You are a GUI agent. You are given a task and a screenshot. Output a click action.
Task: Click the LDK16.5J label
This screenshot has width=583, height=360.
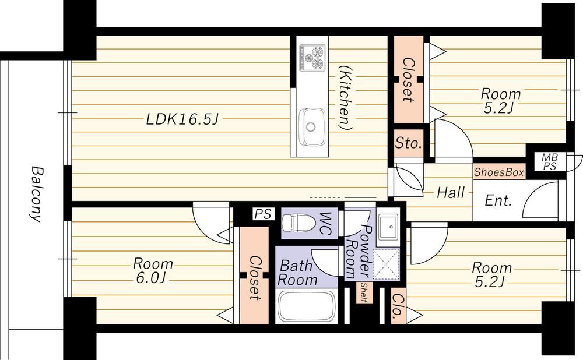click(x=182, y=119)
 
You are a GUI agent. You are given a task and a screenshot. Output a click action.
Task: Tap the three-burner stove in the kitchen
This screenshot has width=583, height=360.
click(x=312, y=57)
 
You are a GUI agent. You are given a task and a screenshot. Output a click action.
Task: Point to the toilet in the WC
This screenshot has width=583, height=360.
click(x=298, y=224)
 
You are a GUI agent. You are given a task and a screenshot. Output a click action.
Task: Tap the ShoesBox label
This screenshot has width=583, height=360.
click(x=499, y=172)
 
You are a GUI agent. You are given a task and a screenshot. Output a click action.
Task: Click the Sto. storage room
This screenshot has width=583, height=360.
click(x=409, y=143)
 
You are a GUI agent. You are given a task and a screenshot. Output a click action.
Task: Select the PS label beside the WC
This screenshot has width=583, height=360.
click(x=263, y=214)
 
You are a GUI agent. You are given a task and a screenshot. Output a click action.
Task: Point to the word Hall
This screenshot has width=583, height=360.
click(x=451, y=192)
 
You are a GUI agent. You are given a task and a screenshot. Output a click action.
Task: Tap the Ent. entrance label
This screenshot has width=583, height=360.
click(x=498, y=200)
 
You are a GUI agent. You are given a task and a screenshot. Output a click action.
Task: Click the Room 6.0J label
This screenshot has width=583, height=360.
click(x=153, y=270)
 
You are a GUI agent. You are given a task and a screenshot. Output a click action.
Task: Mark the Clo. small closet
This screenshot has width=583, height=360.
click(x=398, y=306)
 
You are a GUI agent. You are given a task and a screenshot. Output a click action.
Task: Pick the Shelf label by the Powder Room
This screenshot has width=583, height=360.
click(x=364, y=293)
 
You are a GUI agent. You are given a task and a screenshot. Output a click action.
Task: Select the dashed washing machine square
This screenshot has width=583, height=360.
click(x=387, y=264)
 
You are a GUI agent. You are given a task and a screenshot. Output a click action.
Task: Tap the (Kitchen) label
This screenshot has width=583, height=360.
click(x=346, y=98)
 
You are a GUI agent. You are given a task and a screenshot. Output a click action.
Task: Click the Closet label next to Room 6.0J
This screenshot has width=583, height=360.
click(x=254, y=277)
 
